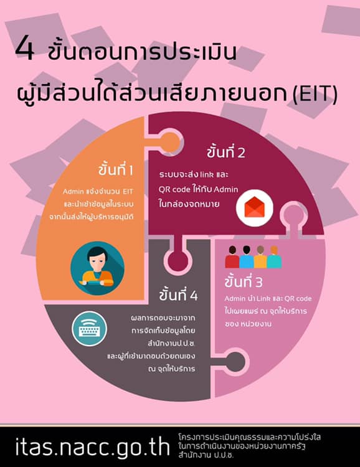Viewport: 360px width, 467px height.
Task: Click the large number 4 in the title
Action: [25, 49]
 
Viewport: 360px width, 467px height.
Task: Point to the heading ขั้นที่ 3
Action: [244, 281]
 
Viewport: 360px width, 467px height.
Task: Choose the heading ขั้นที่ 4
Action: [178, 295]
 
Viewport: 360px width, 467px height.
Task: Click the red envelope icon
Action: [254, 207]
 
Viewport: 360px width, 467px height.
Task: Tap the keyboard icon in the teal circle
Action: [89, 329]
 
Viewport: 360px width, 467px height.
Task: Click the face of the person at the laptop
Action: [97, 261]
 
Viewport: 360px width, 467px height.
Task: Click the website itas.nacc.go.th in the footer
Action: [92, 446]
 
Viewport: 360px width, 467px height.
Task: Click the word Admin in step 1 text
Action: [73, 192]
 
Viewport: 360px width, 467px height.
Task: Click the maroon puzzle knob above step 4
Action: [178, 261]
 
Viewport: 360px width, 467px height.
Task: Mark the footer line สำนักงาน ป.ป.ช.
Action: [206, 455]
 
